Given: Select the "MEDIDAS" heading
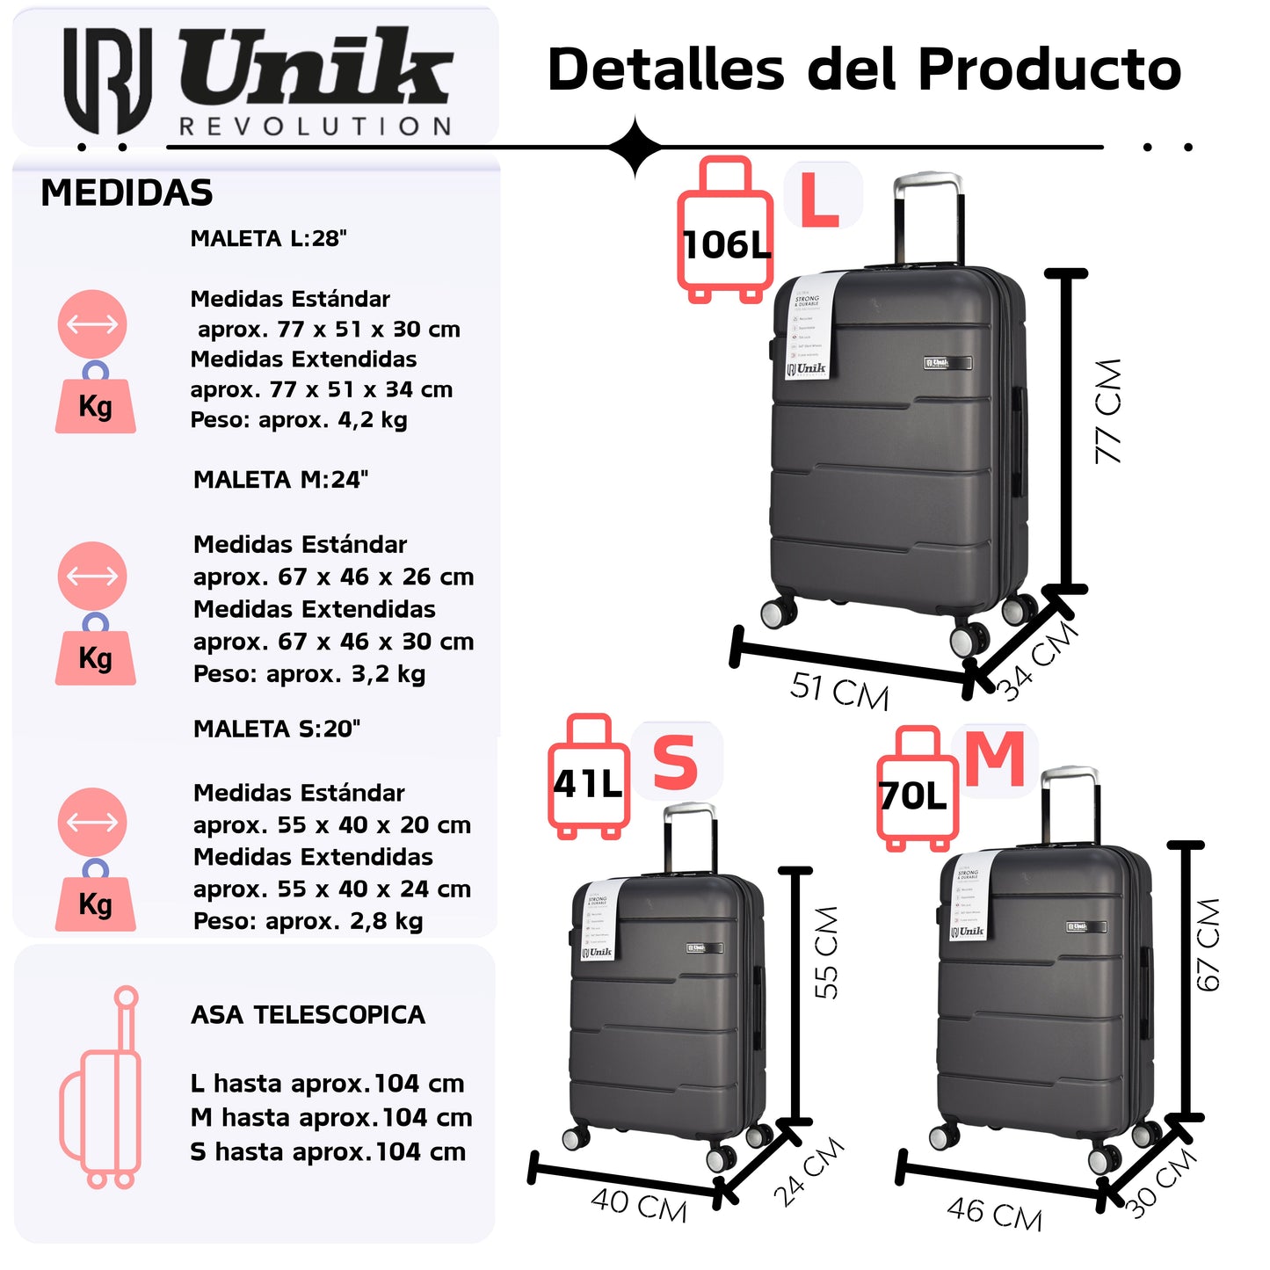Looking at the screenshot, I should click(127, 193).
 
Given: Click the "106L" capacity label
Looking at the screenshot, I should click(726, 245).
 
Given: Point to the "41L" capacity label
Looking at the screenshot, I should click(588, 783).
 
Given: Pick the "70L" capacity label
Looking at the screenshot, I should click(913, 796).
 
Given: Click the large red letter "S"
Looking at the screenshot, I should click(675, 763).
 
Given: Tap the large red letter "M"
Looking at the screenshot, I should click(995, 759).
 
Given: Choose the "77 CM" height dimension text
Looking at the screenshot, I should click(1109, 410).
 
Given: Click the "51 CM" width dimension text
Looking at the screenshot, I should click(839, 691).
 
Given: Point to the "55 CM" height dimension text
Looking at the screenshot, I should click(826, 952).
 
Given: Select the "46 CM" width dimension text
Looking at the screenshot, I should click(994, 1214).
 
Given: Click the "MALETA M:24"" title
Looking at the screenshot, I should click(280, 480).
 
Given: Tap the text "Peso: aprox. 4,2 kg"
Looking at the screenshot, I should click(299, 420).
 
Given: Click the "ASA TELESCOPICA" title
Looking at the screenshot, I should click(308, 1015).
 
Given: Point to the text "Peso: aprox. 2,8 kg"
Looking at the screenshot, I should click(308, 921).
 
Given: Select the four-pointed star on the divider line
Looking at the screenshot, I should click(635, 148).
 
